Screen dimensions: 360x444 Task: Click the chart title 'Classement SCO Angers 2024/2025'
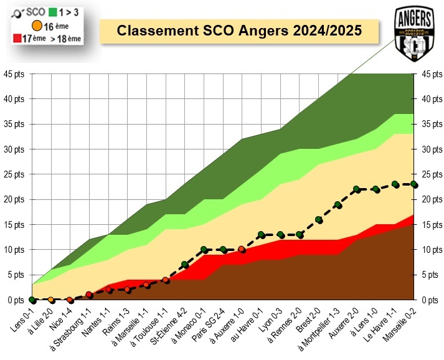[x=240, y=31]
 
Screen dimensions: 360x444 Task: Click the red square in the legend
[x=17, y=39]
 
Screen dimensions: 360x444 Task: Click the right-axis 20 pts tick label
[x=430, y=199]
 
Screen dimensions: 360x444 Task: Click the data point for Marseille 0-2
[x=414, y=184]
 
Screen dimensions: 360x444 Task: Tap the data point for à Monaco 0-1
[x=204, y=249]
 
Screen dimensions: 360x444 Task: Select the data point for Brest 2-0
[x=318, y=219]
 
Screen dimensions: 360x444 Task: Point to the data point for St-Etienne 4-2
[x=184, y=265]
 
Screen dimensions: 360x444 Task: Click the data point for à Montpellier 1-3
[x=338, y=204]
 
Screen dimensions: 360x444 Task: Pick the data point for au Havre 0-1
[x=261, y=235]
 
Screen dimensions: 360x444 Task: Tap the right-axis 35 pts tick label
[x=430, y=124]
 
